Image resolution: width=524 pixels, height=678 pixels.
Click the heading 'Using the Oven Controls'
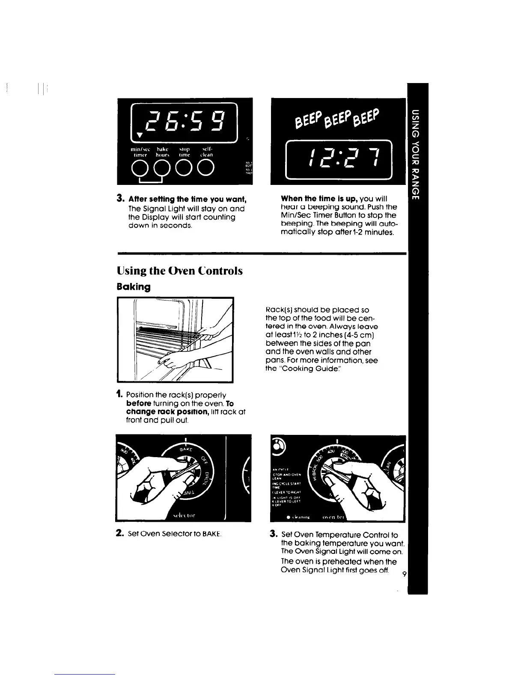tap(180, 271)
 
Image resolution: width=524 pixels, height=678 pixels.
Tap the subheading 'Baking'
tap(133, 287)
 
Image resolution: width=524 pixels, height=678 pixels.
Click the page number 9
tap(403, 574)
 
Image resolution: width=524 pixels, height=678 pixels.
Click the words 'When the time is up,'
tap(319, 199)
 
